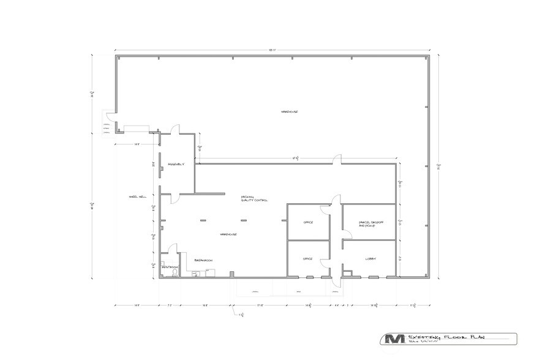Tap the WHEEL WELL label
pos(138,197)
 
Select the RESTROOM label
pos(170,268)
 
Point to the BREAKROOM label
pos(203,260)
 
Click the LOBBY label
pos(371,258)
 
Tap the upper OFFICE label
pos(308,222)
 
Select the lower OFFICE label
pos(308,259)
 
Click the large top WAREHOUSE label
pos(289,111)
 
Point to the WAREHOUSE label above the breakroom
pos(229,234)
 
